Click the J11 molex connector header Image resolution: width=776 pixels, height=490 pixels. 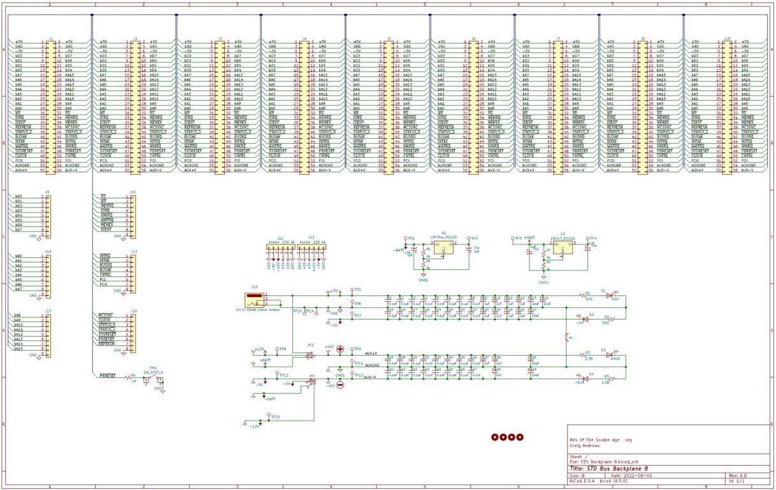pos(280,251)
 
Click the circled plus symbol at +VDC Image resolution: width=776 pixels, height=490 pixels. pos(340,349)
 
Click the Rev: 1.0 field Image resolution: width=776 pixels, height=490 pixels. pos(738,475)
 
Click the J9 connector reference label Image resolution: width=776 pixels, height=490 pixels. pos(47,192)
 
